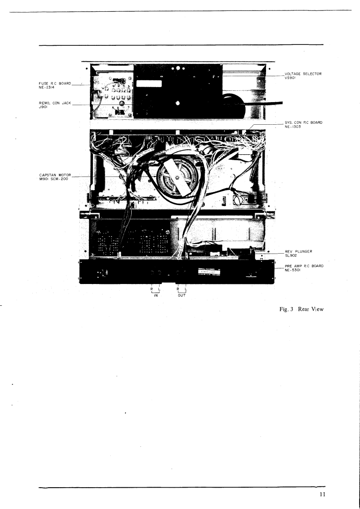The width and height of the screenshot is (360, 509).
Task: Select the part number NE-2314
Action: (46, 88)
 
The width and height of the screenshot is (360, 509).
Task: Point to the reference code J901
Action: (43, 108)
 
